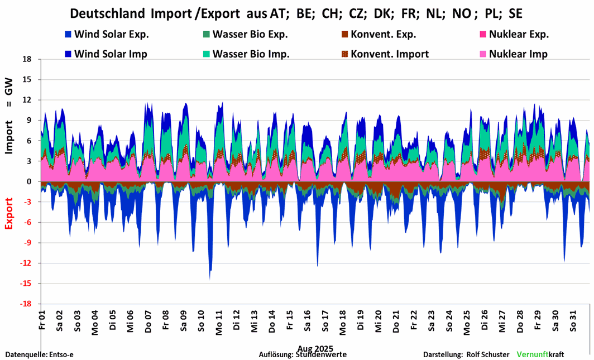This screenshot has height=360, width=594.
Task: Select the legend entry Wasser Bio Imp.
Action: (251, 54)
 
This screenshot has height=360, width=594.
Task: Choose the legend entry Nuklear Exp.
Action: (519, 35)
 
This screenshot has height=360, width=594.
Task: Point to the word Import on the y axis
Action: (9, 136)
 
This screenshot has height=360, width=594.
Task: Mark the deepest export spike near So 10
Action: (210, 278)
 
